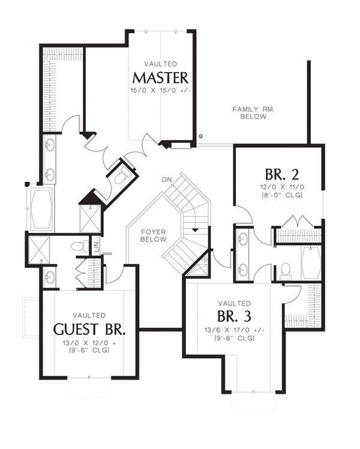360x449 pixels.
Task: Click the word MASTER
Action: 160,77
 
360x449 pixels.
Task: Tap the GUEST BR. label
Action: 89,329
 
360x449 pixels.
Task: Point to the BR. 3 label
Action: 234,316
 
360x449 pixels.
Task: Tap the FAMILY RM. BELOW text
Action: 250,113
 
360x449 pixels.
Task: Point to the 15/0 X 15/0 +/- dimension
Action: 160,91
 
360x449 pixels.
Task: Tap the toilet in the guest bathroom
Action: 77,246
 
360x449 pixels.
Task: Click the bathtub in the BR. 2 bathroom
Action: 311,263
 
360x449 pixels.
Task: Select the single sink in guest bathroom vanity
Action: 50,277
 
